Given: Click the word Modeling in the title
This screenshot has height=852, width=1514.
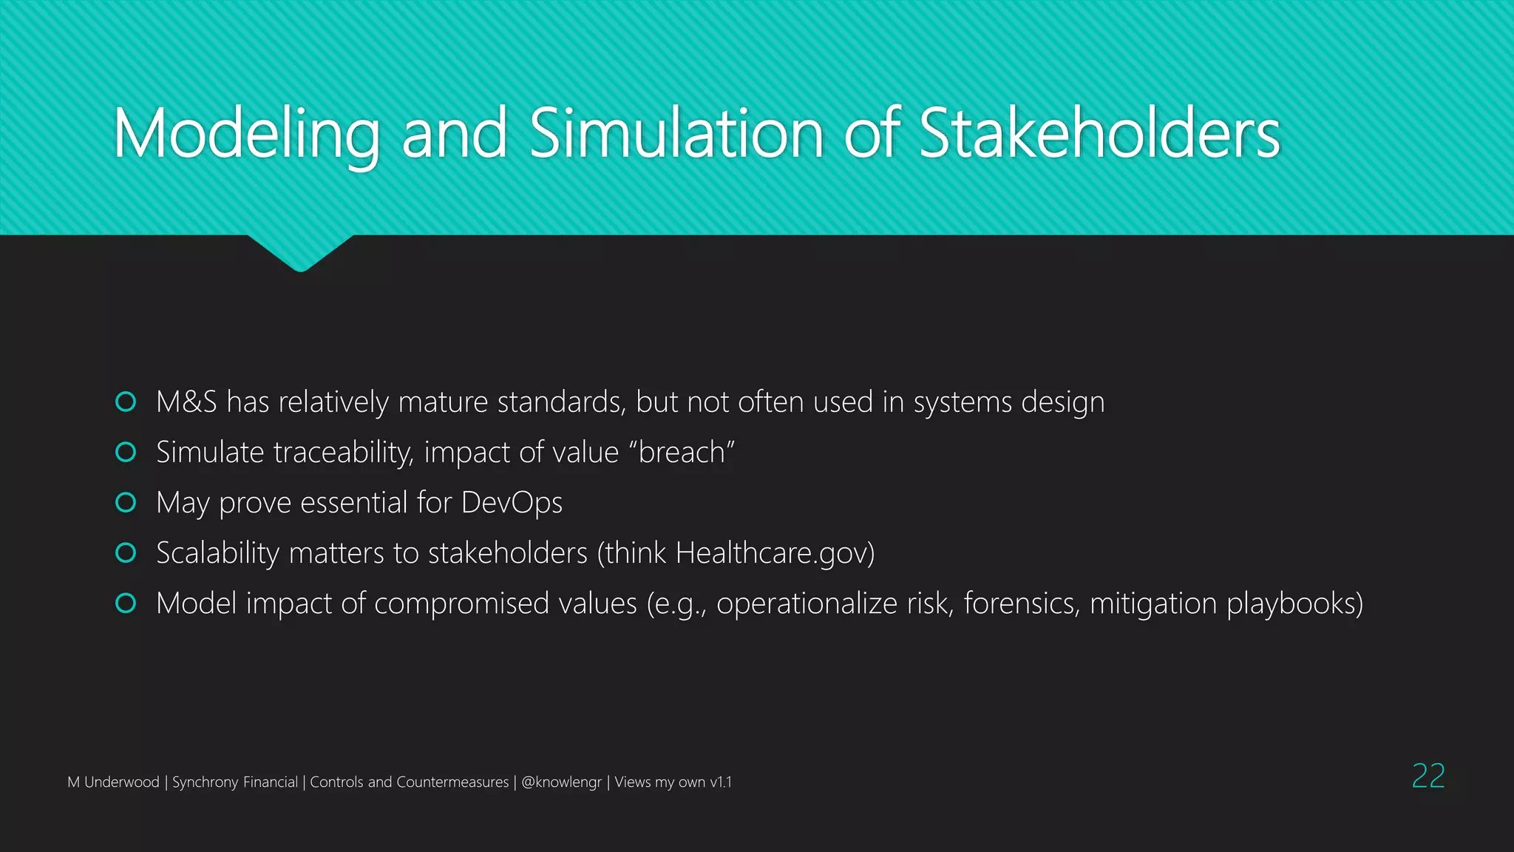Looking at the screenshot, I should [x=246, y=135].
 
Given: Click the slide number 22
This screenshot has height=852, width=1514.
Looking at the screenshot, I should [x=1428, y=776].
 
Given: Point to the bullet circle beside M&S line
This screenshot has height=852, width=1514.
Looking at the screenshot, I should [x=126, y=402].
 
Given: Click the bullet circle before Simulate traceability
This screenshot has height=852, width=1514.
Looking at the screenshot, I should [x=126, y=452].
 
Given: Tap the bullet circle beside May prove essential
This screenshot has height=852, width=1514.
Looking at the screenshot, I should [x=126, y=502].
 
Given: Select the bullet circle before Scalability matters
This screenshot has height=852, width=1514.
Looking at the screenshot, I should [x=126, y=552].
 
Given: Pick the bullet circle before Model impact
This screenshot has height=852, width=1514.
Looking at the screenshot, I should [x=126, y=603].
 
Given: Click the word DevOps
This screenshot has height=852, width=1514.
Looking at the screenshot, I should [x=512, y=503].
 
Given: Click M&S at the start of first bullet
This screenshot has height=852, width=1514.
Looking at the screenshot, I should [x=186, y=402].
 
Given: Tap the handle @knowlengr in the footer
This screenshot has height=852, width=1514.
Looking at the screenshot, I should [x=561, y=782].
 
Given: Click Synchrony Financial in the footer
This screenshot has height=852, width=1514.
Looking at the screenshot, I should [x=234, y=782].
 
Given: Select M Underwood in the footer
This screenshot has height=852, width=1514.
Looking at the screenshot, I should [x=113, y=782].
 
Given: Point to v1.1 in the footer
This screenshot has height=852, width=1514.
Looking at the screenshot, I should [x=720, y=782].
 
